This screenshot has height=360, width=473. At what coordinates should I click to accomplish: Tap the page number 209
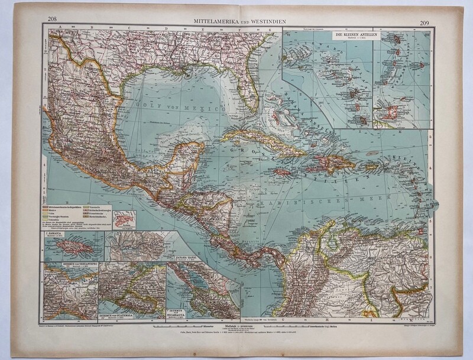pyautogui.click(x=424, y=24)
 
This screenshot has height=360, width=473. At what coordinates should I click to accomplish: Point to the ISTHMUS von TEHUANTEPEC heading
pyautogui.click(x=61, y=265)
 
